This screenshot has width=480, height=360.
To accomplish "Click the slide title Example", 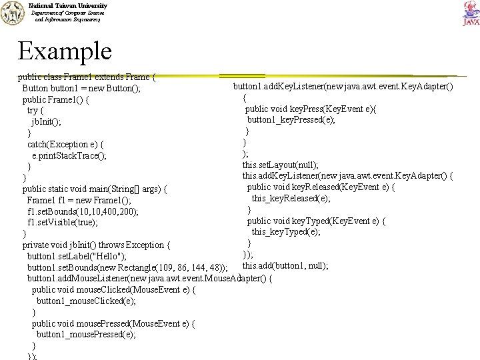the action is pos(65,51).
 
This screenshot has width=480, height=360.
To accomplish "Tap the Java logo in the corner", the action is pos(470,13).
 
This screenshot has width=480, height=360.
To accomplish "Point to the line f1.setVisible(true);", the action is pos(63,223).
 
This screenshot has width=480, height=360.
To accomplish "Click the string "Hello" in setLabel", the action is pos(112,257).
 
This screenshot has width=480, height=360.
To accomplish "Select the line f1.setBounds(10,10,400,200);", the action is pos(83,211).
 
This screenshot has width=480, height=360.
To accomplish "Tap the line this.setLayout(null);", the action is pos(280,165).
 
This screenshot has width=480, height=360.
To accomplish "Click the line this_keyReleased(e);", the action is pos(291,198).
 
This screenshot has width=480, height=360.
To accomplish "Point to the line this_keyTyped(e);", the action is pos(286,231).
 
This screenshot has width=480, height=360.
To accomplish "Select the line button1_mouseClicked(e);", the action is pos(87,301).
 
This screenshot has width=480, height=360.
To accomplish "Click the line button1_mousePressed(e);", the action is pos(86,335).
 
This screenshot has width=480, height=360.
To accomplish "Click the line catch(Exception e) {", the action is pos(65,144).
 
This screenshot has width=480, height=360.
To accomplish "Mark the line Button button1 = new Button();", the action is pos(81,89).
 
